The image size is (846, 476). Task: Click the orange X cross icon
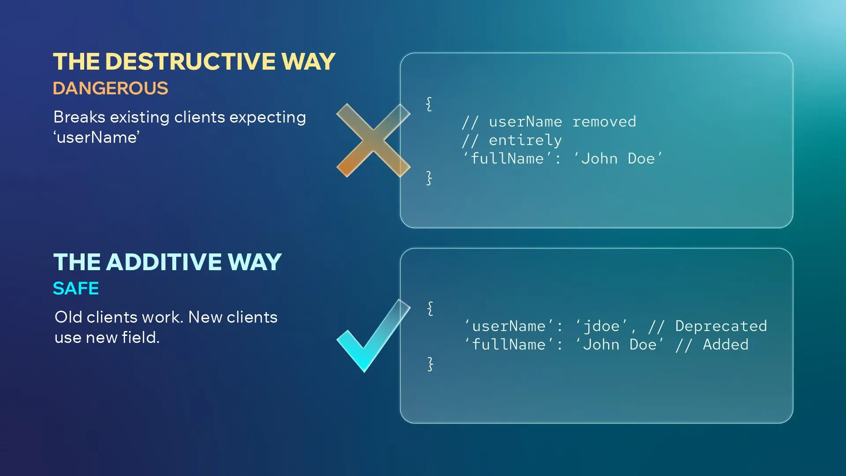click(373, 140)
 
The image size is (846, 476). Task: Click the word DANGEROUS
click(110, 88)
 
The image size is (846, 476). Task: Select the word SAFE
click(76, 288)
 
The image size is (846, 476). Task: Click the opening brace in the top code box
click(429, 104)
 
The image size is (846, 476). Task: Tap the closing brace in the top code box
click(429, 178)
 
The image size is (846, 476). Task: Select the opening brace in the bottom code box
click(430, 308)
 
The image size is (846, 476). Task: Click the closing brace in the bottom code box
click(430, 364)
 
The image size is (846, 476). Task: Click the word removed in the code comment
click(604, 122)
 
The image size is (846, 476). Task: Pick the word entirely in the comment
click(525, 140)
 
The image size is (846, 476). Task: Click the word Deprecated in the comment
click(721, 326)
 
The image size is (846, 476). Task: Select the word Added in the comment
click(725, 345)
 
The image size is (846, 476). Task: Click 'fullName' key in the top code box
click(507, 159)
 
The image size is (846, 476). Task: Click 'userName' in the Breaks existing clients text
click(96, 138)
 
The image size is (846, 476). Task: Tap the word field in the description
click(140, 338)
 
